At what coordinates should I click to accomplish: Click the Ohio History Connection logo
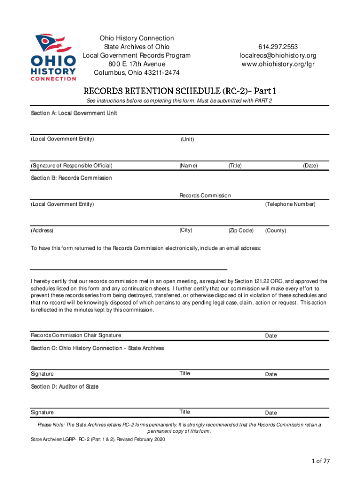point(53,58)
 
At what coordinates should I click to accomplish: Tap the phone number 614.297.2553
point(278,47)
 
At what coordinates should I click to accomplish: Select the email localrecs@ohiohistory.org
point(278,55)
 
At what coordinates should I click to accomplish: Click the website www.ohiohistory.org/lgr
point(278,64)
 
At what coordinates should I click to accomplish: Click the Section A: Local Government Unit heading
point(74,113)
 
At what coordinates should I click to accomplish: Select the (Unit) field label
point(187,139)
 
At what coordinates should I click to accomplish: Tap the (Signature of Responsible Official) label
point(72,166)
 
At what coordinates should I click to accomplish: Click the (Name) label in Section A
point(188,166)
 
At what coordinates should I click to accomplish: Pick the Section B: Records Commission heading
point(72,178)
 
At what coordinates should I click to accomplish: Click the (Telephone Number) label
point(290,204)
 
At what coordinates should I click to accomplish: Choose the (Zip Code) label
point(241,231)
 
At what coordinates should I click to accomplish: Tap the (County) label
point(276,231)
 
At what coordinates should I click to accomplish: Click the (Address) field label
point(42,231)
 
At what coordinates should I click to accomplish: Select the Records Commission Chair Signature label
point(76,335)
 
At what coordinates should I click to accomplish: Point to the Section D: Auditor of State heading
point(65,387)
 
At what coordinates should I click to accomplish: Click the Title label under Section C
point(185,373)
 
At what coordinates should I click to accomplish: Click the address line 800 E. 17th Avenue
point(137,64)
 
